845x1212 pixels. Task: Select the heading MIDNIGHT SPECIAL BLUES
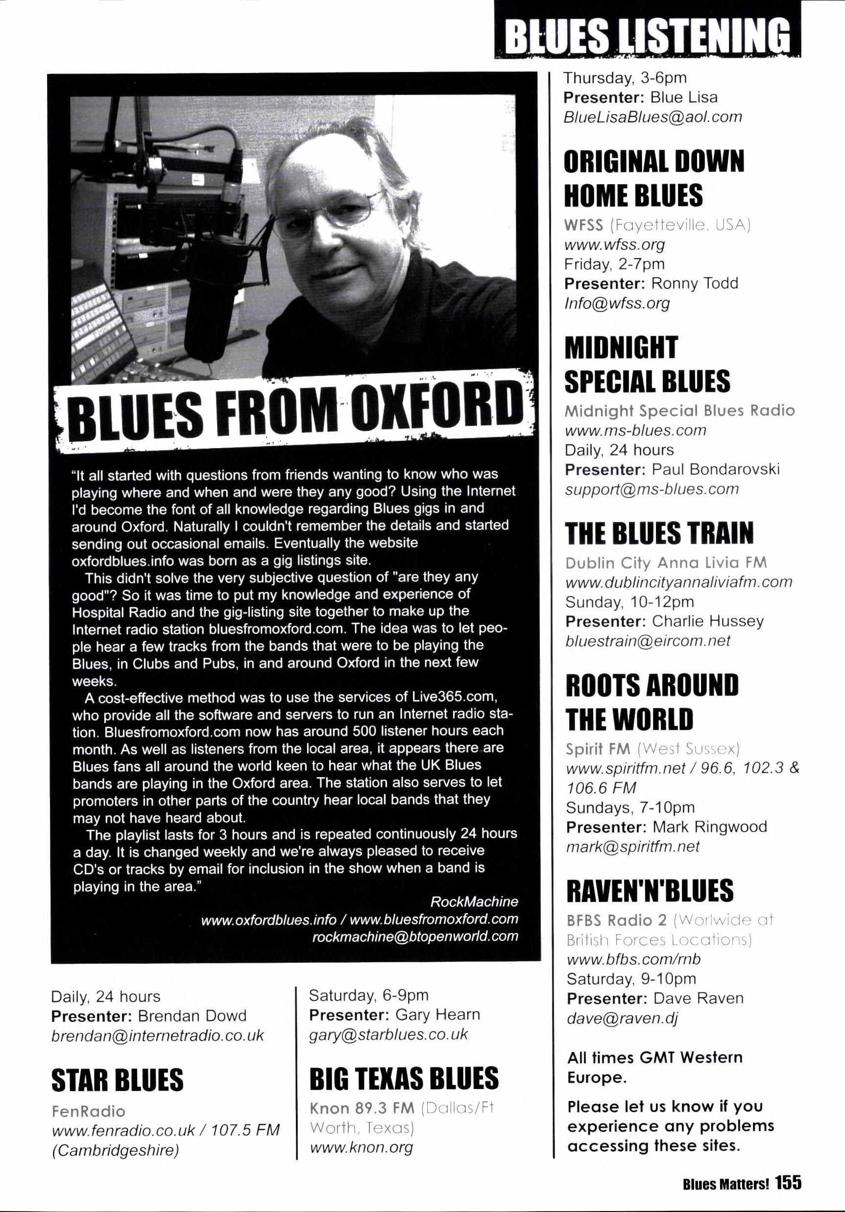pyautogui.click(x=648, y=364)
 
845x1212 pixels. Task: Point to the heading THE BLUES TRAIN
pyautogui.click(x=659, y=534)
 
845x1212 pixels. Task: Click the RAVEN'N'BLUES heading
pyautogui.click(x=650, y=891)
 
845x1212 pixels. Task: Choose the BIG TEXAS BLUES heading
pyautogui.click(x=404, y=1078)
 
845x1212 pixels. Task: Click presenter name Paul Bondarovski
pyautogui.click(x=716, y=469)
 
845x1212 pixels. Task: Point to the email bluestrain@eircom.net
pyautogui.click(x=648, y=641)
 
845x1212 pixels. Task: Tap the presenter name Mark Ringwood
pyautogui.click(x=709, y=827)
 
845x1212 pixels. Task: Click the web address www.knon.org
pyautogui.click(x=361, y=1147)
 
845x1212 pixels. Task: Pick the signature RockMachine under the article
pyautogui.click(x=474, y=901)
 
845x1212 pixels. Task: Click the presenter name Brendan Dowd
pyautogui.click(x=192, y=1016)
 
